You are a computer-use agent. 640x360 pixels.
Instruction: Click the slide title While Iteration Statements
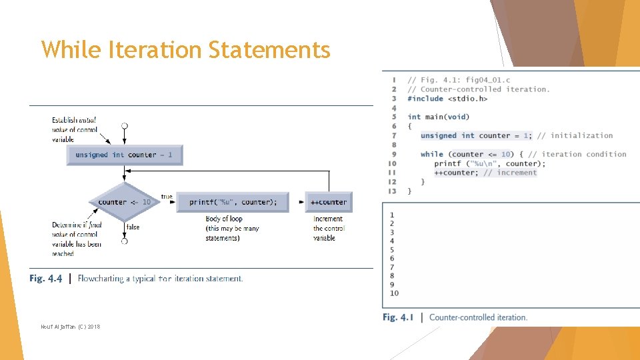[x=185, y=50]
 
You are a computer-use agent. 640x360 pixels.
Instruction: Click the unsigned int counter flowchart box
[x=124, y=155]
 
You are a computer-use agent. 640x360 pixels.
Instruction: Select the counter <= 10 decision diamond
[x=124, y=202]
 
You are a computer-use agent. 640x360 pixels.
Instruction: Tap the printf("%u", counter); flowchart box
[x=233, y=202]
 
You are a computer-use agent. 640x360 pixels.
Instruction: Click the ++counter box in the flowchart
[x=329, y=202]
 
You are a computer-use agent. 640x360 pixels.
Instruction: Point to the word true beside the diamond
[x=167, y=197]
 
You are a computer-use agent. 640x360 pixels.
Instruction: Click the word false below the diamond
[x=133, y=227]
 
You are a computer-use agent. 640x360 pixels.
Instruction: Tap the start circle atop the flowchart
[x=124, y=125]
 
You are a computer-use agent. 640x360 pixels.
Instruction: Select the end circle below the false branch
[x=124, y=241]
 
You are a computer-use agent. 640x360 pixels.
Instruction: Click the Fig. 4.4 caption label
[x=46, y=279]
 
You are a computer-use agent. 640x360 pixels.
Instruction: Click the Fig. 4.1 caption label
[x=398, y=317]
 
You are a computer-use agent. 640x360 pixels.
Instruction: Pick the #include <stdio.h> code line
[x=447, y=99]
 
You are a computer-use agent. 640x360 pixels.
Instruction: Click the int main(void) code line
[x=438, y=117]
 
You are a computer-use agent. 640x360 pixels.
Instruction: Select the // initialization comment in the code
[x=575, y=135]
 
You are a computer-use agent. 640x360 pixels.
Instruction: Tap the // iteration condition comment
[x=577, y=154]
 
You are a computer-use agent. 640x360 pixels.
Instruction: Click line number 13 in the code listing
[x=392, y=191]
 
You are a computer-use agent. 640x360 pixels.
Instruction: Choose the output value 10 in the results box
[x=394, y=293]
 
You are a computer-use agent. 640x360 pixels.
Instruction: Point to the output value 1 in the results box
[x=392, y=215]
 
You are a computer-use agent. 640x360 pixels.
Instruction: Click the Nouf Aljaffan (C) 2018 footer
[x=70, y=326]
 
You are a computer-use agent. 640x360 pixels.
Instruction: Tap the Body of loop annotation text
[x=224, y=219]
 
